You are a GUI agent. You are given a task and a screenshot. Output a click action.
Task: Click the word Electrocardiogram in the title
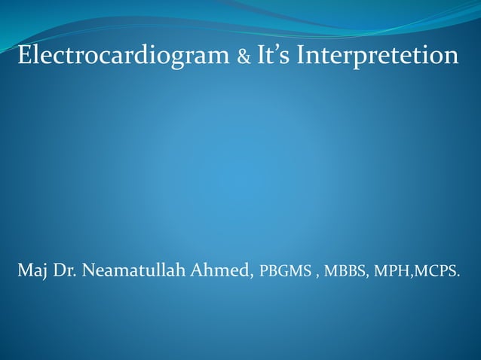124,56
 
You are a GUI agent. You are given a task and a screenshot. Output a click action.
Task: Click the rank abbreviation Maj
32,271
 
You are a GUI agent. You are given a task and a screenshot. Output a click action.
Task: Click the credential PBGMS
285,272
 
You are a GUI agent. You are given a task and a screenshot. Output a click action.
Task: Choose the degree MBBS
346,272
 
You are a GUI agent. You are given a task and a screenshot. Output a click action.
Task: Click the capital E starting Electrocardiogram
24,56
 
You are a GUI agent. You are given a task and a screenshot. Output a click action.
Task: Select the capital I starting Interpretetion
302,56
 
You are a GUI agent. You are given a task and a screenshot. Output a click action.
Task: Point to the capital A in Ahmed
197,270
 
